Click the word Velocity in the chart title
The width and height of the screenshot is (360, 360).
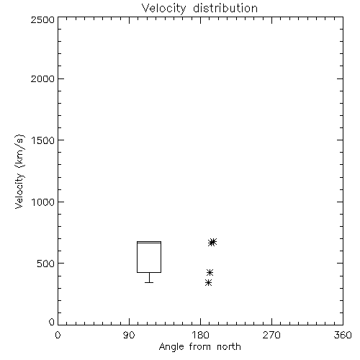click(163, 9)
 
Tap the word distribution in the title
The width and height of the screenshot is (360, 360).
click(225, 8)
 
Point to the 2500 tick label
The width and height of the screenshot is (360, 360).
click(42, 19)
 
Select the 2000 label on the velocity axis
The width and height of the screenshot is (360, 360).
click(42, 78)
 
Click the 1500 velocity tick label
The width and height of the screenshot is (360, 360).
click(43, 140)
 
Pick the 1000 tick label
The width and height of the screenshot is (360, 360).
click(43, 202)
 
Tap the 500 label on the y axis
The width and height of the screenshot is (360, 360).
click(46, 264)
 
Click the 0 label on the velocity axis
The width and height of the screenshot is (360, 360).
click(52, 322)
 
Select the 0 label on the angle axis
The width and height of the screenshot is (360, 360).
click(58, 335)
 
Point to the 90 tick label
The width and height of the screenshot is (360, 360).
click(129, 335)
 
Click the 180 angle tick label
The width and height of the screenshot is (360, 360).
click(200, 335)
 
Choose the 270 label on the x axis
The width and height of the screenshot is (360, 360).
click(271, 335)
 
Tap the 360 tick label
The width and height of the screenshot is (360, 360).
click(343, 335)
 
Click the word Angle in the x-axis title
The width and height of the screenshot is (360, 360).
click(171, 348)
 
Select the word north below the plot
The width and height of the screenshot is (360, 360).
click(229, 347)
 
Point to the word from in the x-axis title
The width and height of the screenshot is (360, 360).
click(200, 347)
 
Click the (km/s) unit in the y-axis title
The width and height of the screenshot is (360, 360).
click(19, 151)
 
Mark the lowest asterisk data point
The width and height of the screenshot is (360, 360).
click(209, 282)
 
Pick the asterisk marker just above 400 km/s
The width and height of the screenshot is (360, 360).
click(210, 272)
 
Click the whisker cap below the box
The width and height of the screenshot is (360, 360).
click(149, 282)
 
